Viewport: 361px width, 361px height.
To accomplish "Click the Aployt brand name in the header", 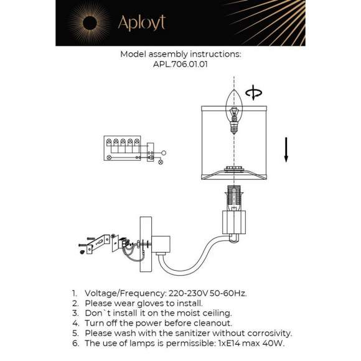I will click(141, 23).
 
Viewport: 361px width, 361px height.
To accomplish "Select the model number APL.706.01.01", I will click(180, 63).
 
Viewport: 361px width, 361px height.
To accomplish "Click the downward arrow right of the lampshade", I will click(286, 150).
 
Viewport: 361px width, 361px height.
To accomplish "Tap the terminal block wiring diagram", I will click(124, 150).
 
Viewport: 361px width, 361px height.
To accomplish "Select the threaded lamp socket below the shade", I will click(235, 195).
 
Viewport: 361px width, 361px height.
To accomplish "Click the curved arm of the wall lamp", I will click(187, 258).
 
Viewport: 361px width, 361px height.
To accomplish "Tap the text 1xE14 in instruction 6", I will click(233, 343).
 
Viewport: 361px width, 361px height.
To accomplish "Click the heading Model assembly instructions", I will click(180, 54).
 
